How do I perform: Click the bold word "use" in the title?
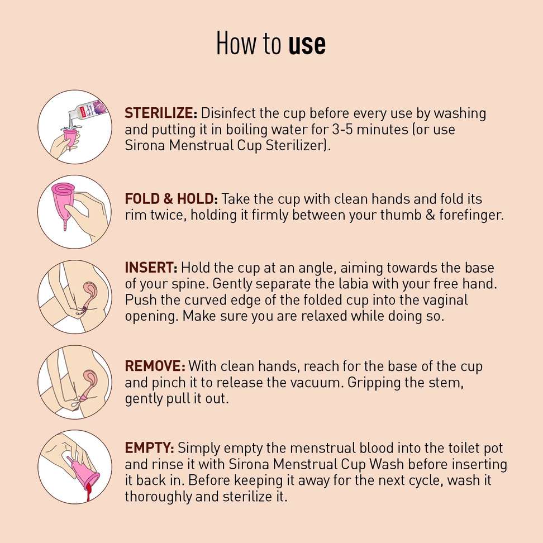click(307, 44)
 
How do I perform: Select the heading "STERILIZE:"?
click(161, 113)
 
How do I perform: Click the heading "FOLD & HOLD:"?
click(171, 199)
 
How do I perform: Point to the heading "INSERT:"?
click(151, 268)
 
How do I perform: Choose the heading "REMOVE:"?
click(155, 366)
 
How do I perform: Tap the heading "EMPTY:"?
click(150, 448)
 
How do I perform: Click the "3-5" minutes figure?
click(342, 130)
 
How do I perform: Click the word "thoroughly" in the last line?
click(159, 497)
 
